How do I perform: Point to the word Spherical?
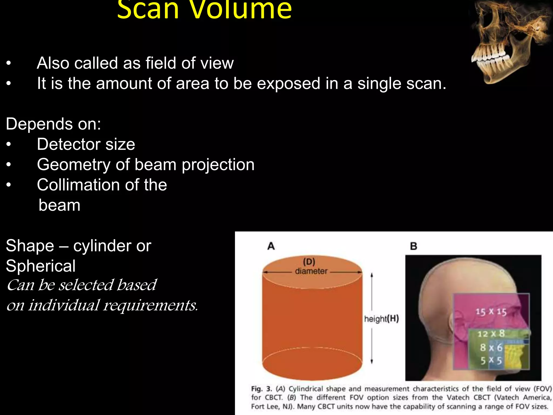click(41, 266)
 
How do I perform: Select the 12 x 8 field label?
click(491, 334)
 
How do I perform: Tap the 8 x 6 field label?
click(491, 348)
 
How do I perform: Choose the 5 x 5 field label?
click(491, 360)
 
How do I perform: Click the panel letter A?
click(271, 246)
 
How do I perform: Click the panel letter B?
click(413, 246)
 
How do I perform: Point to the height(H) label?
click(381, 319)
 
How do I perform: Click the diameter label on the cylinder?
click(311, 271)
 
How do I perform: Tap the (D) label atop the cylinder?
click(309, 262)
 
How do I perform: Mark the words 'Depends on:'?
click(53, 124)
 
